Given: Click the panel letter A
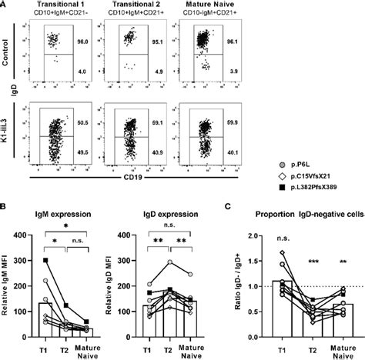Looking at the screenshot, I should coord(5,5).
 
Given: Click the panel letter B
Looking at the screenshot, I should coord(5,207).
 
